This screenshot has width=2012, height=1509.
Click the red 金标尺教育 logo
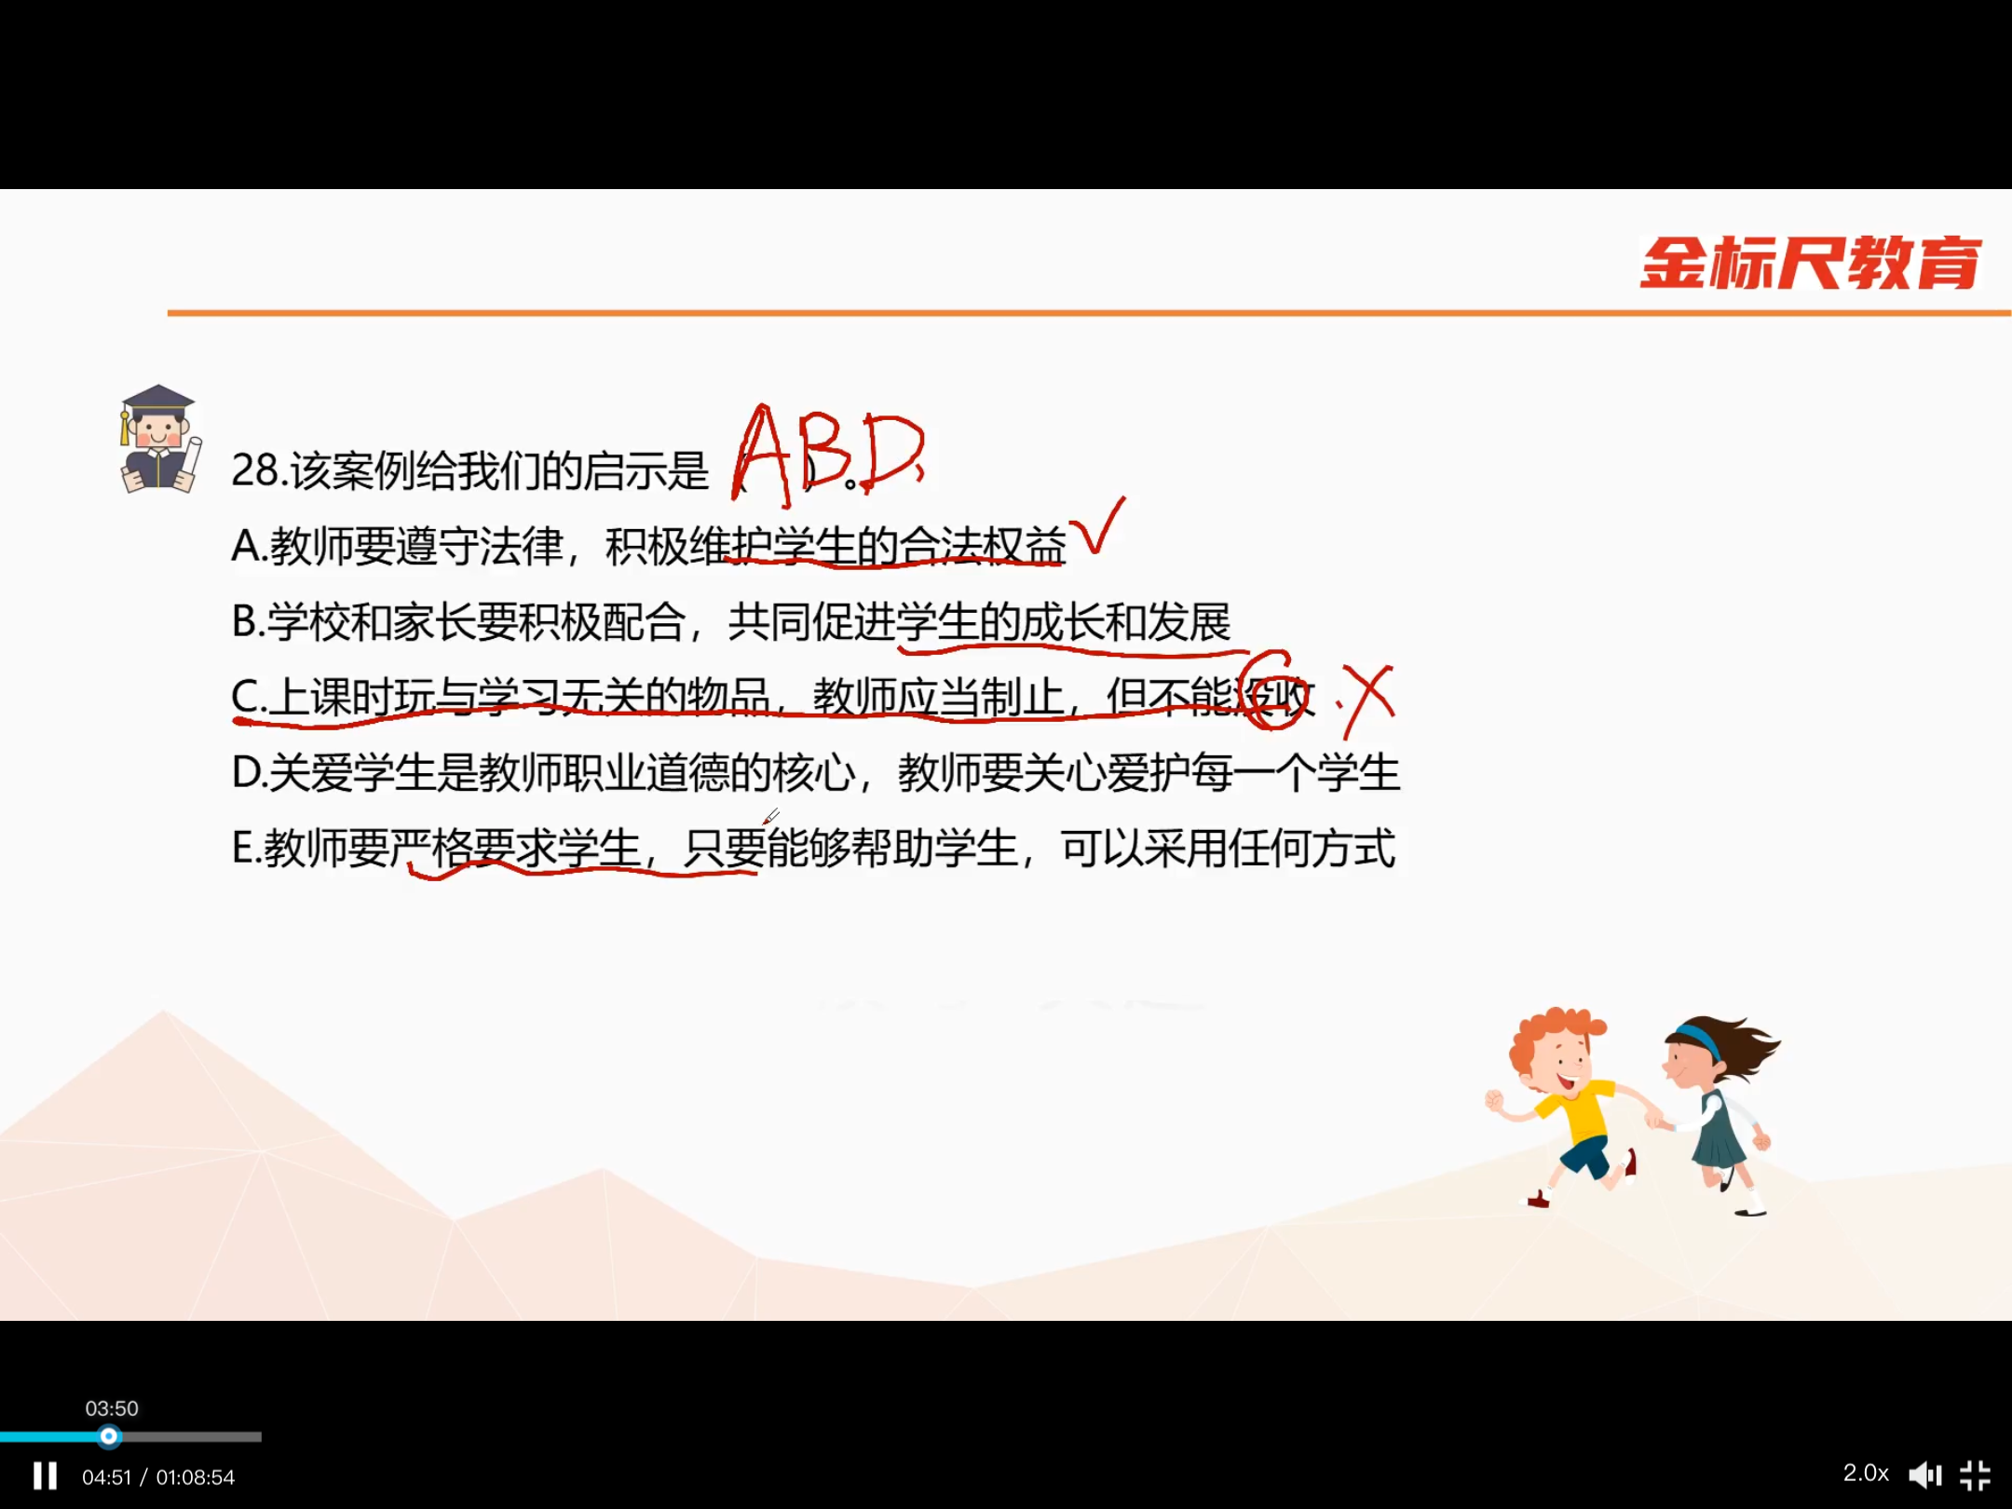pyautogui.click(x=1810, y=263)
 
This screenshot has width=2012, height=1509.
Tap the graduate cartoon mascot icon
pyautogui.click(x=159, y=438)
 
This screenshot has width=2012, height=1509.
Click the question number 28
pyautogui.click(x=254, y=470)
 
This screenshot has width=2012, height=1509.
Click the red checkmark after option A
pyautogui.click(x=1097, y=526)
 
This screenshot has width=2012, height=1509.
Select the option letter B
pyautogui.click(x=244, y=621)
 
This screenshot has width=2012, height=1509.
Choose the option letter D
pyautogui.click(x=246, y=772)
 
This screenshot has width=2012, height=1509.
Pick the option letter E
pyautogui.click(x=242, y=849)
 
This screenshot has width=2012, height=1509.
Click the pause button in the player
pyautogui.click(x=45, y=1475)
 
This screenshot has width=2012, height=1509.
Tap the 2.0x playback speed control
pyautogui.click(x=1866, y=1474)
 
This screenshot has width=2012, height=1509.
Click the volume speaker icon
pyautogui.click(x=1925, y=1475)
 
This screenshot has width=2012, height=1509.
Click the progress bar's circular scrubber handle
pyautogui.click(x=109, y=1436)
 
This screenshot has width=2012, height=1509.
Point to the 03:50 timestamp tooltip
pyautogui.click(x=112, y=1408)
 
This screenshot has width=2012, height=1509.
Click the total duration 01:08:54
pyautogui.click(x=196, y=1477)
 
